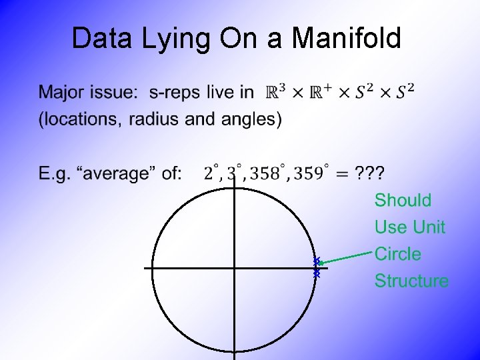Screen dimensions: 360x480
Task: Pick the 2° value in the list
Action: click(x=211, y=173)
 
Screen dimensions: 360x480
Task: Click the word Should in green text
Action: click(x=403, y=200)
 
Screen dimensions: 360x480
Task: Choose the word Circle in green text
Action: click(x=397, y=254)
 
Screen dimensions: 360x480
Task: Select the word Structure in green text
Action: click(x=411, y=281)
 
